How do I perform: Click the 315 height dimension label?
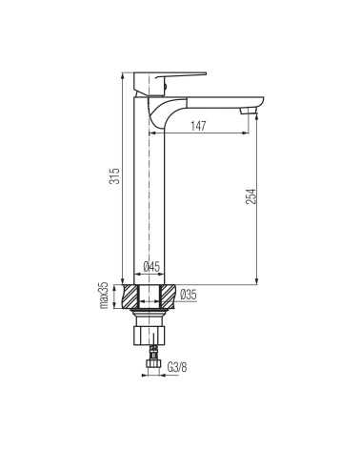pos(114,176)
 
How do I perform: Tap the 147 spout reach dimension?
pos(198,126)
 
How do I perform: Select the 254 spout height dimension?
pos(250,196)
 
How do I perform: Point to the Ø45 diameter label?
pos(151,267)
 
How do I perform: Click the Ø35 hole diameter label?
pos(189,295)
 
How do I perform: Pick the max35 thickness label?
pos(105,296)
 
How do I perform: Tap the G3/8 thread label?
pos(177,367)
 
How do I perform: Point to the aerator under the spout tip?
pos(249,111)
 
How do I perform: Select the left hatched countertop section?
pos(130,297)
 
